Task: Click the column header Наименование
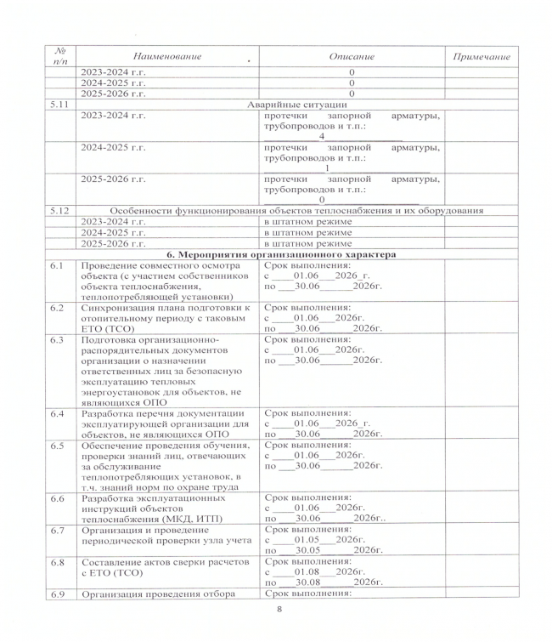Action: [167, 56]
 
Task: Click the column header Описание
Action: [351, 56]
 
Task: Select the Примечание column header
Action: [482, 56]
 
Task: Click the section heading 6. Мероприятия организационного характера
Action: [281, 253]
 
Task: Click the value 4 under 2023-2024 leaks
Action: [322, 136]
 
